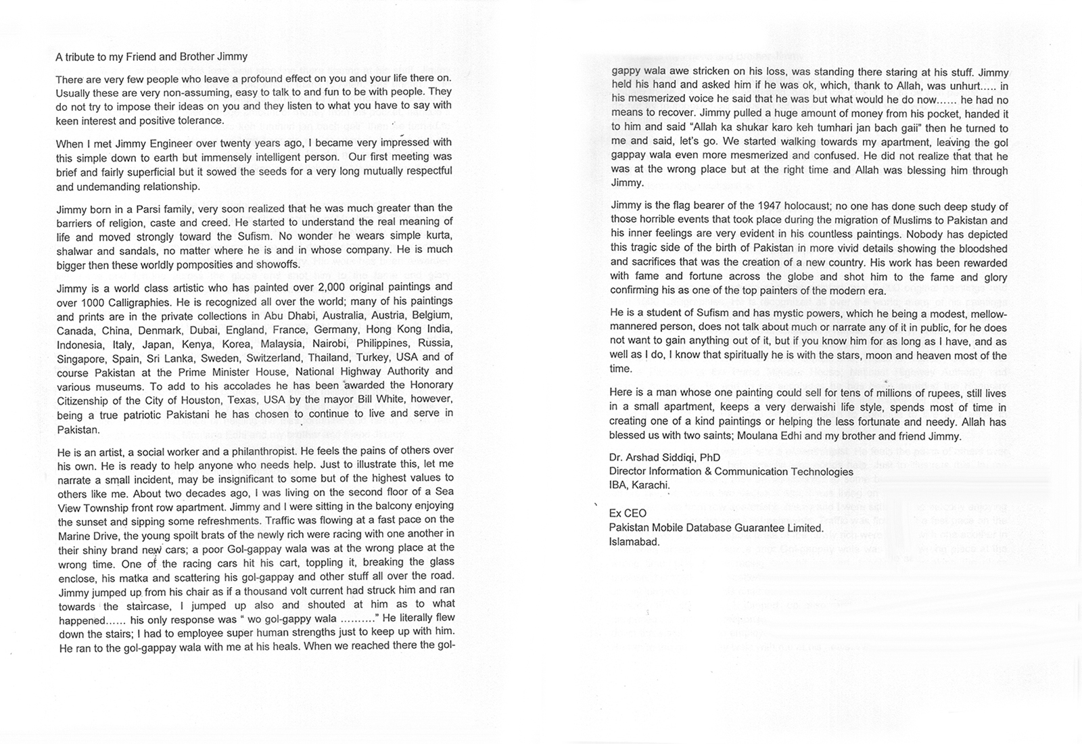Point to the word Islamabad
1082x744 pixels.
634,542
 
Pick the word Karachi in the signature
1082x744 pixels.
650,486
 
